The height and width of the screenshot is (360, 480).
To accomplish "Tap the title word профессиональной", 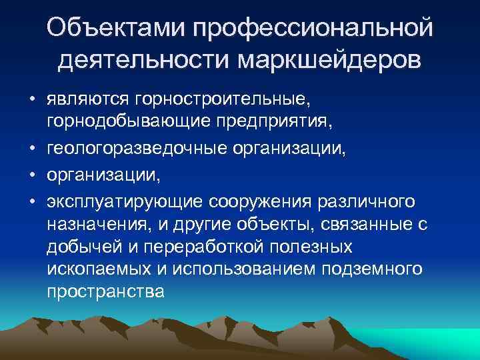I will (x=311, y=29).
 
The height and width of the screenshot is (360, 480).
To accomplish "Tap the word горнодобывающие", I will (x=117, y=122).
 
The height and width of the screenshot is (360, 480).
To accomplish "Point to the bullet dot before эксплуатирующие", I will (x=32, y=200).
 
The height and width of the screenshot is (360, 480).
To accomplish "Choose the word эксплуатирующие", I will (x=124, y=200).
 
